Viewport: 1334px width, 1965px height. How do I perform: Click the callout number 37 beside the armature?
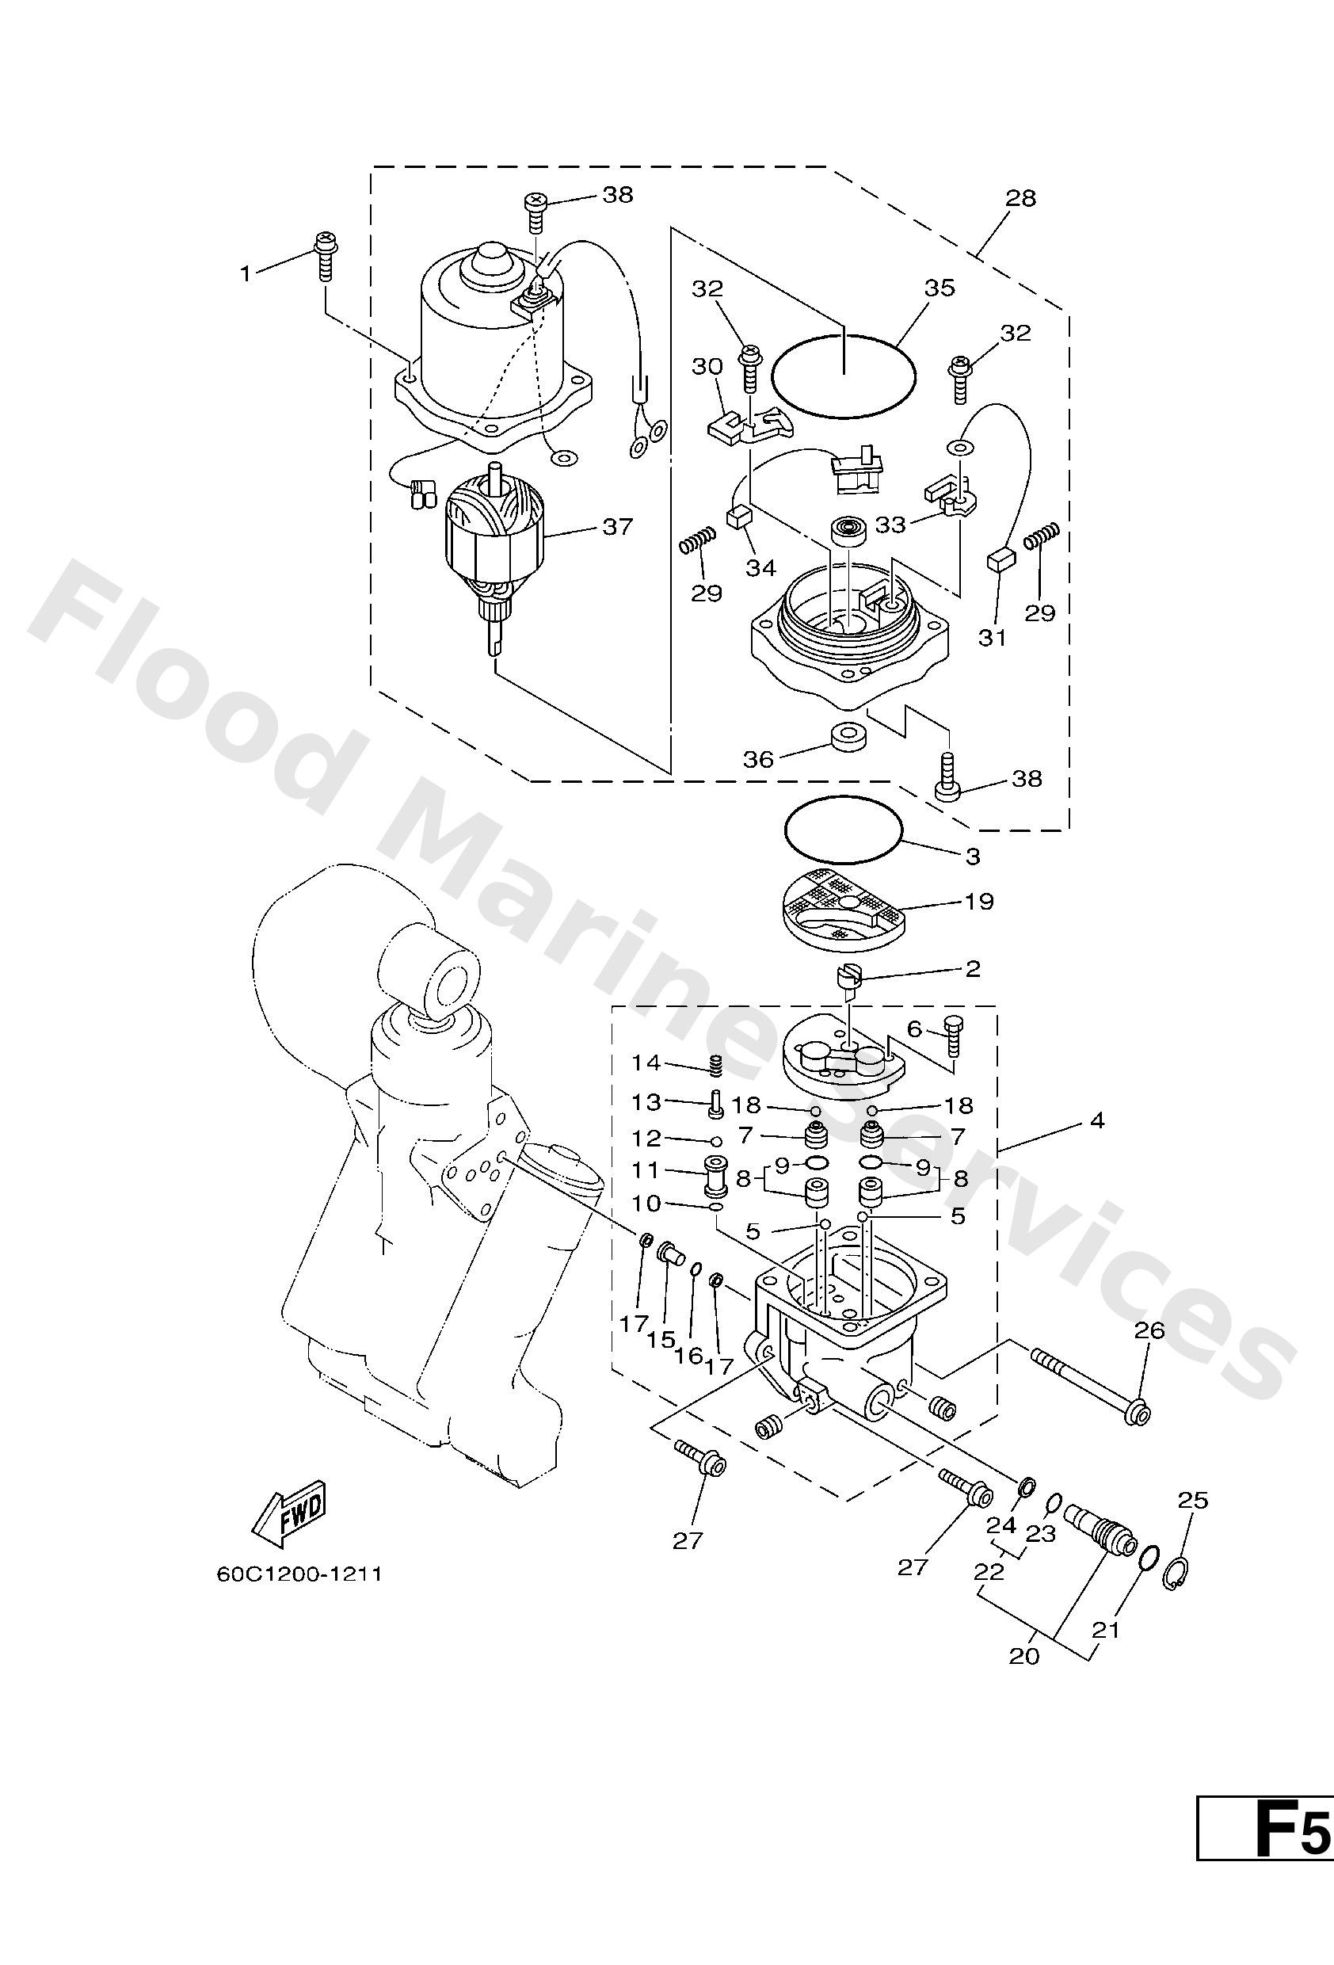coord(616,527)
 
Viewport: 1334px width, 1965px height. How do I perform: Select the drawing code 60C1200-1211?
coord(299,1574)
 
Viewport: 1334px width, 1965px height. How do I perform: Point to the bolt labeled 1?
coord(326,254)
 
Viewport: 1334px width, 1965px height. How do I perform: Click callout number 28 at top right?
coord(1021,198)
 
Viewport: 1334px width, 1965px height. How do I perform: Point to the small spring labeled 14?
coord(715,1066)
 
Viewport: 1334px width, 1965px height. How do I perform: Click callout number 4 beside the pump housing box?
coord(1096,1121)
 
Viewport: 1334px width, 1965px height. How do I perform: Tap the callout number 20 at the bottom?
coord(1023,1656)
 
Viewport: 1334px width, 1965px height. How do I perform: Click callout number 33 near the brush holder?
coord(890,525)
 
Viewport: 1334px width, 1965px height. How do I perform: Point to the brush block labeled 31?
coord(1000,562)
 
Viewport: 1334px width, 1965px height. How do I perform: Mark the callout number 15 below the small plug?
coord(662,1340)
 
